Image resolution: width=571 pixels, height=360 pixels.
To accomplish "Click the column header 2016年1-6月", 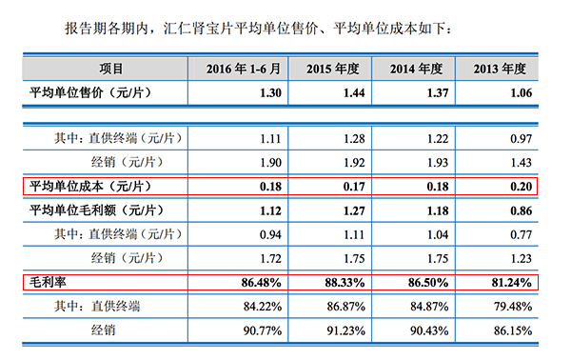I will [x=242, y=69].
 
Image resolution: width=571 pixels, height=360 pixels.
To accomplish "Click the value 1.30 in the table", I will [x=270, y=92].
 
